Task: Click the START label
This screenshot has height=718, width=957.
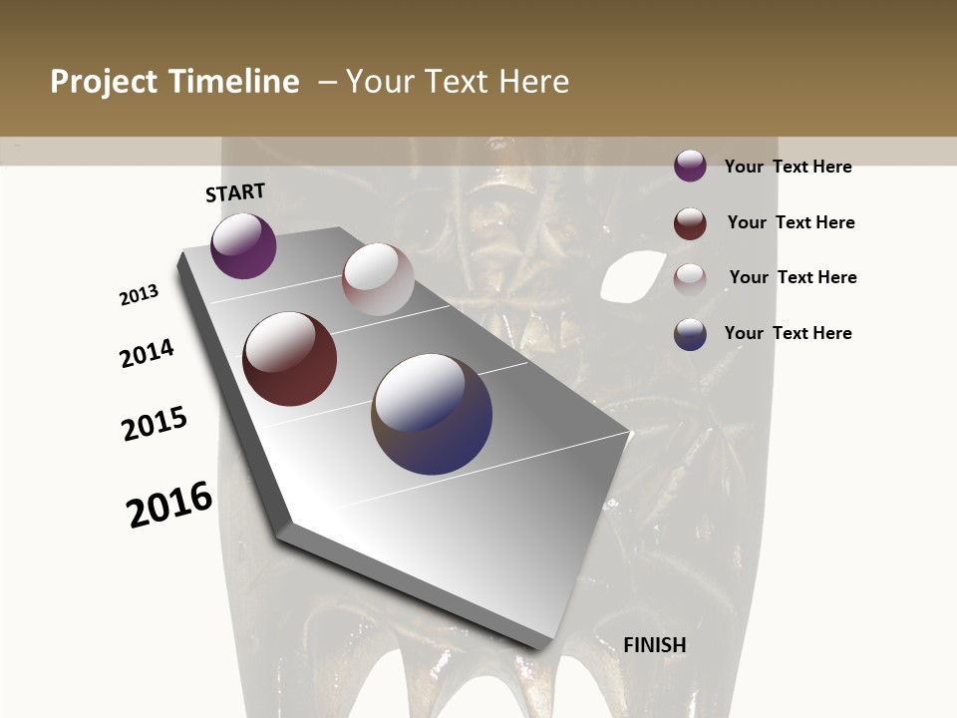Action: pos(235,192)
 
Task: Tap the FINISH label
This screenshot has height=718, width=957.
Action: pos(654,645)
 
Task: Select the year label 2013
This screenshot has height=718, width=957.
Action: pos(139,295)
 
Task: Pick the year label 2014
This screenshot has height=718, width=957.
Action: pos(147,354)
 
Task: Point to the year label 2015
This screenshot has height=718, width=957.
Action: pos(155,424)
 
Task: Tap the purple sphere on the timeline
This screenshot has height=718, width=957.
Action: pos(243,246)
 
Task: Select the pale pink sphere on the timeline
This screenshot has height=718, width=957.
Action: pos(378,279)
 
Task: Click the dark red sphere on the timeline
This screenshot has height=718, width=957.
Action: pos(289,359)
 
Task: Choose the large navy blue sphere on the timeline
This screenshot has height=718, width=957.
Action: pos(432,414)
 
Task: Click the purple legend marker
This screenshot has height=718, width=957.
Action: pos(690,166)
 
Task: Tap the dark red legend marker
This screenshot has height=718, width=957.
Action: pos(690,223)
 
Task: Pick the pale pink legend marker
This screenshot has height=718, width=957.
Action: pos(690,278)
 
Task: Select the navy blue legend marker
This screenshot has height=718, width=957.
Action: pos(690,334)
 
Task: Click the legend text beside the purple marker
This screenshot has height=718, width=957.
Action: pos(788,167)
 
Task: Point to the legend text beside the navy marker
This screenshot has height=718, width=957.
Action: pos(788,333)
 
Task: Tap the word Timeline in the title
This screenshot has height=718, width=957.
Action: pos(235,82)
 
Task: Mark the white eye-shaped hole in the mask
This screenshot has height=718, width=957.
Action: pos(628,274)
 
